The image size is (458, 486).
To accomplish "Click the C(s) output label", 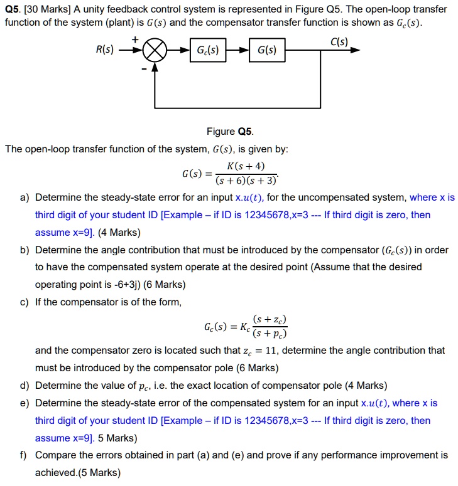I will pyautogui.click(x=341, y=42).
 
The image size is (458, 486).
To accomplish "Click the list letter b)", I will pyautogui.click(x=25, y=250).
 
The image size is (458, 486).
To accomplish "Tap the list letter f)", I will pyautogui.click(x=25, y=455).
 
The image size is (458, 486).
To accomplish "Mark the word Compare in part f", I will pyautogui.click(x=56, y=455).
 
